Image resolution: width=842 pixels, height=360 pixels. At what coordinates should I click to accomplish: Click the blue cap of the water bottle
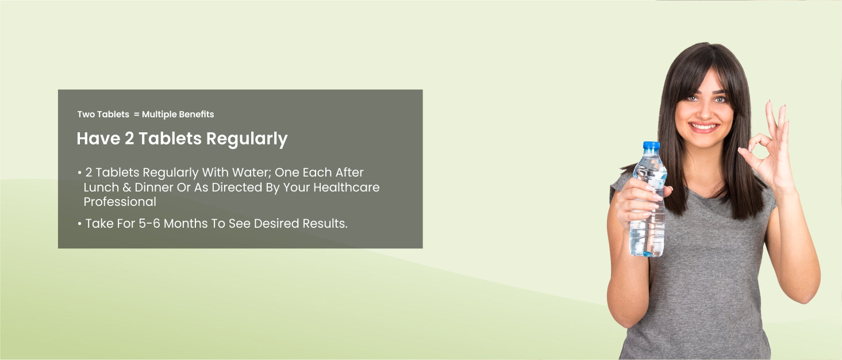(x=651, y=145)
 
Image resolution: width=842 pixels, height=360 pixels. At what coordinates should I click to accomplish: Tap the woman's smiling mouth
(x=703, y=127)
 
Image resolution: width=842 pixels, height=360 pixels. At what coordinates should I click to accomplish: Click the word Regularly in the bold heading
(x=247, y=139)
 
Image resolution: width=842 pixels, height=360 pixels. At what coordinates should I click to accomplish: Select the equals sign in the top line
(x=136, y=114)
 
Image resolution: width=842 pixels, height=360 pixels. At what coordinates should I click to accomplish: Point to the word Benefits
(x=196, y=114)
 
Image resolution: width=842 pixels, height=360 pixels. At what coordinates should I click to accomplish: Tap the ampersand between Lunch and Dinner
(x=126, y=187)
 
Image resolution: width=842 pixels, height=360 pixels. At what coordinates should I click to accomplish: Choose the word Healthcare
(x=346, y=187)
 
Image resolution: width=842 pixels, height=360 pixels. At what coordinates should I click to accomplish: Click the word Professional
(x=120, y=202)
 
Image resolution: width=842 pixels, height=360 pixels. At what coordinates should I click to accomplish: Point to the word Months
(x=185, y=224)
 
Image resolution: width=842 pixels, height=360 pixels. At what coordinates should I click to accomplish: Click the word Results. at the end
(x=325, y=224)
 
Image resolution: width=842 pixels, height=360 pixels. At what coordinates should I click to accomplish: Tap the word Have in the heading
(x=98, y=139)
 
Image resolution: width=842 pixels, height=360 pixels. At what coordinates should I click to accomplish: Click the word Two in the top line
(x=86, y=114)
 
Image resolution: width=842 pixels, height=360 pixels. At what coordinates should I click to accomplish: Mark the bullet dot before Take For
(x=80, y=224)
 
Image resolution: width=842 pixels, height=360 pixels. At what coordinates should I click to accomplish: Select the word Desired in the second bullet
(x=276, y=224)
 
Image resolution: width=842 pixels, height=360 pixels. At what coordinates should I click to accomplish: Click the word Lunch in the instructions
(x=101, y=187)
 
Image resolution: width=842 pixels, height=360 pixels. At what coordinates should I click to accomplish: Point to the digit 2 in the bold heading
(x=129, y=139)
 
